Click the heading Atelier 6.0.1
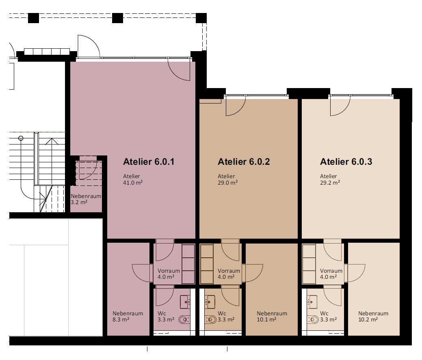pyautogui.click(x=149, y=162)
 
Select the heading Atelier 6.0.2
pyautogui.click(x=244, y=162)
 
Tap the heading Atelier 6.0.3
pyautogui.click(x=346, y=162)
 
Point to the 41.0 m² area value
pyautogui.click(x=133, y=183)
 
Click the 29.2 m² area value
pyautogui.click(x=330, y=183)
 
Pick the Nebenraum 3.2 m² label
pyautogui.click(x=86, y=199)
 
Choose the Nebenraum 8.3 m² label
pyautogui.click(x=128, y=317)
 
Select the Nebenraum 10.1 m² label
pyautogui.click(x=272, y=317)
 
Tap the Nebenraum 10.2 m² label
pyautogui.click(x=373, y=317)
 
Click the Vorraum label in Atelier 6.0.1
pyautogui.click(x=169, y=271)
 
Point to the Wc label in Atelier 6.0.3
pyautogui.click(x=324, y=313)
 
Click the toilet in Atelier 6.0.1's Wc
pyautogui.click(x=184, y=320)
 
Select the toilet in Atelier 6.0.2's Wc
pyautogui.click(x=211, y=320)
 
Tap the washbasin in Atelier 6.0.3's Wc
pyautogui.click(x=312, y=302)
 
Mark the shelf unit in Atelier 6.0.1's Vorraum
pyautogui.click(x=188, y=264)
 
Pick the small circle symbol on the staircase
pyautogui.click(x=21, y=138)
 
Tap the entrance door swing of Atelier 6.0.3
pyautogui.click(x=340, y=106)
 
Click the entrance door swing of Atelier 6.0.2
pyautogui.click(x=236, y=106)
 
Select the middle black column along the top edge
pyautogui.click(x=117, y=18)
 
